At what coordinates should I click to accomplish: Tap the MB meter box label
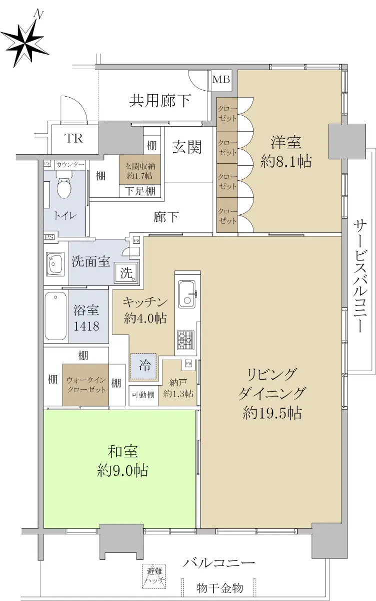tap(221, 80)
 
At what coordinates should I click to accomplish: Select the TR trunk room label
tap(73, 138)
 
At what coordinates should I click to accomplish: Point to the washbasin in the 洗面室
tap(55, 264)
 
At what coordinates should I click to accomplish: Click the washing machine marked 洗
tap(126, 273)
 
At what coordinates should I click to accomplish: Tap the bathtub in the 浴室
tap(55, 316)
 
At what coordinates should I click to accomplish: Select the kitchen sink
tap(187, 294)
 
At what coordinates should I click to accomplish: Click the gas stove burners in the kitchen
tap(185, 340)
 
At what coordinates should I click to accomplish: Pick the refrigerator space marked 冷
tap(143, 366)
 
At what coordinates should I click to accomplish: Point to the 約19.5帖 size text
tap(272, 414)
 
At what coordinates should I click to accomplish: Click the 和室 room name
tap(123, 452)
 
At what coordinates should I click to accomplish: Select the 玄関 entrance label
tap(186, 147)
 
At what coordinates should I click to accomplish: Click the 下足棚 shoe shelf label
tap(140, 191)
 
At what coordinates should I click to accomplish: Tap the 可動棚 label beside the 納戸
tap(143, 395)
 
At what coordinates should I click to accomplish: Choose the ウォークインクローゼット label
tap(86, 385)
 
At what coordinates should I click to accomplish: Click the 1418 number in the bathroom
tap(86, 326)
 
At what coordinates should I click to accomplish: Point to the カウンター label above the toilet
tap(70, 164)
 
